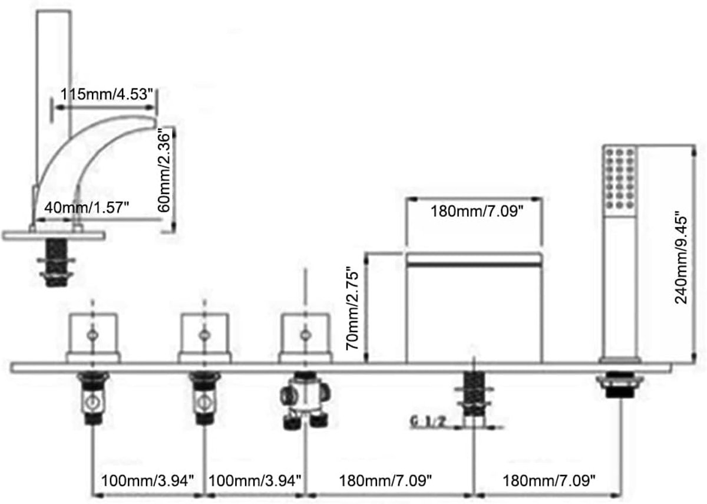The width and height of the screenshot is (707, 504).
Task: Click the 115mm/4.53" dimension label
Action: [107, 94]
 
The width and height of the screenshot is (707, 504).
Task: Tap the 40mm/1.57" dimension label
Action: [87, 207]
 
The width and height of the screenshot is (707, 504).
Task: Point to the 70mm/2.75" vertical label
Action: [352, 308]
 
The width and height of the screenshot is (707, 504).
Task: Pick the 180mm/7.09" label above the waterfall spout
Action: [477, 211]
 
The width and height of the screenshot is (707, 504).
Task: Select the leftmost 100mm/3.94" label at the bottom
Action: [147, 480]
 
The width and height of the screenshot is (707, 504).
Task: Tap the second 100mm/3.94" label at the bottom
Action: [255, 480]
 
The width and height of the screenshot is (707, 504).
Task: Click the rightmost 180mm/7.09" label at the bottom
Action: [549, 480]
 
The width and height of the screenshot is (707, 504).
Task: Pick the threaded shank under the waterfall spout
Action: [474, 394]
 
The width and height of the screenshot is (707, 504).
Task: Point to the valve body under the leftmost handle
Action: [93, 398]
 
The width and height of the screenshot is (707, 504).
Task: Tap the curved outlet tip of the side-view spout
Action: [154, 121]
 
